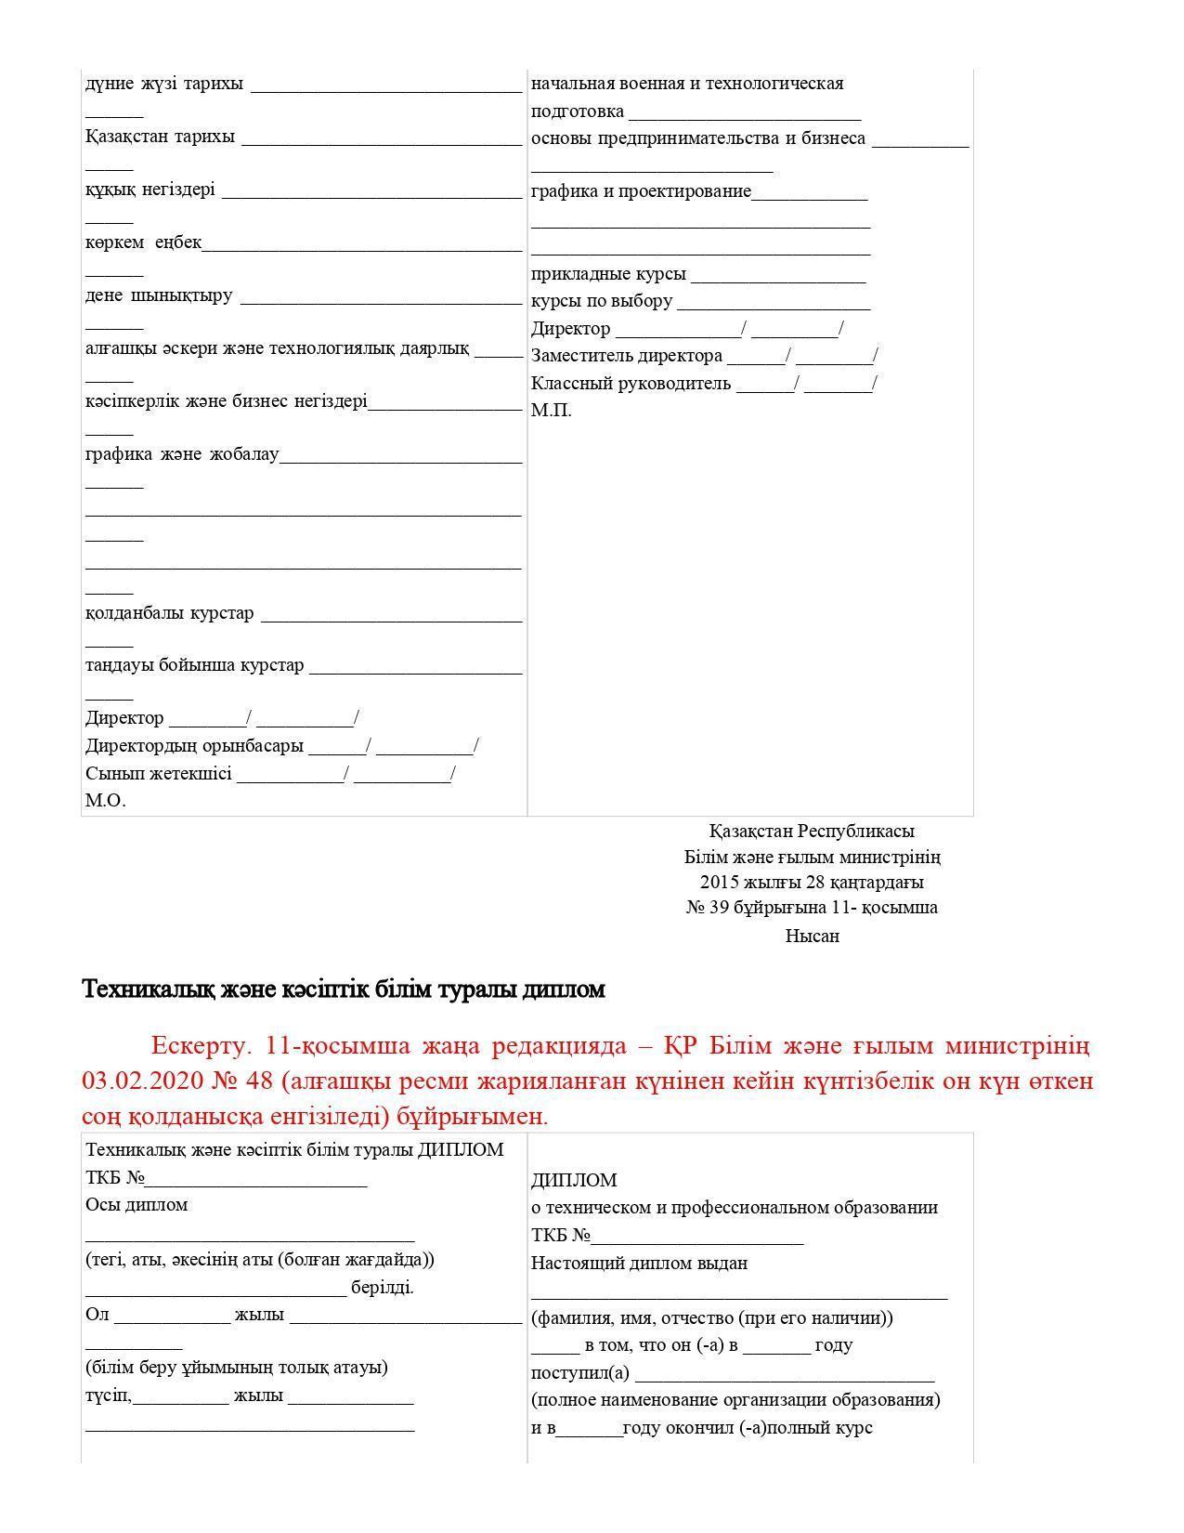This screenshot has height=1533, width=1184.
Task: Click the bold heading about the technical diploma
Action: coord(344,989)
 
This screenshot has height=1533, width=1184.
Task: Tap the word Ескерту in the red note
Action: coord(201,1046)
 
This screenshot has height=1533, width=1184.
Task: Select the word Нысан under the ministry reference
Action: coord(812,936)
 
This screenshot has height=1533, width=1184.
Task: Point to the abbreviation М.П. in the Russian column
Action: coord(551,411)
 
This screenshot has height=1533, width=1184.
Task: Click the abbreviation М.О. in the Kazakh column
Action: coord(105,800)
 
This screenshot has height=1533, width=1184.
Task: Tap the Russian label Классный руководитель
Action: coord(631,384)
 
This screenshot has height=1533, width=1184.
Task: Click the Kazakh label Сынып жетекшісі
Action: coord(158,773)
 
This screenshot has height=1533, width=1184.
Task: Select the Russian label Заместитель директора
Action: coord(626,356)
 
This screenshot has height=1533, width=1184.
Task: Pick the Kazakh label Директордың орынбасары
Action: coord(194,746)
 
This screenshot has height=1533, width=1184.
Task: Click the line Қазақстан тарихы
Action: coord(160,137)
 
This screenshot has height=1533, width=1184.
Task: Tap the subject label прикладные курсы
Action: coord(608,274)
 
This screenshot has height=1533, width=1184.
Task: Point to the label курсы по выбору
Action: coord(601,302)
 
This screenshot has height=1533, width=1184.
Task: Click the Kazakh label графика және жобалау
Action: coord(182,455)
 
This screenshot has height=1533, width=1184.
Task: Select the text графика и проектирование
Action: coord(641,192)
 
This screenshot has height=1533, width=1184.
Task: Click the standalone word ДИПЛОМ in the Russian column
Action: coord(574,1180)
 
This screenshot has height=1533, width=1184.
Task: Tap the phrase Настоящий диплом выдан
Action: coord(639,1264)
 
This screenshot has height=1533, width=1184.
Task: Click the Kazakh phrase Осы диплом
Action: coord(137,1205)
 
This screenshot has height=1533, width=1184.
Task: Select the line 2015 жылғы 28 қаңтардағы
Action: coord(812,882)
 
